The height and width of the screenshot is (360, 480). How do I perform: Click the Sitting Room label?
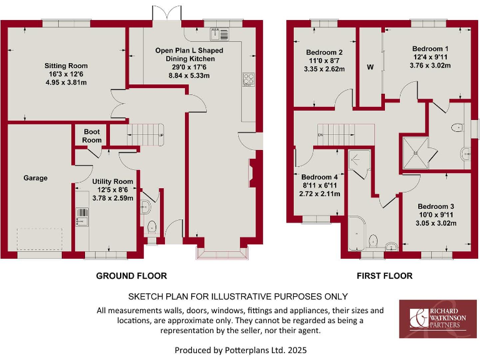(x=66, y=66)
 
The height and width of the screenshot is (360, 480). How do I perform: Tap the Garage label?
(x=36, y=178)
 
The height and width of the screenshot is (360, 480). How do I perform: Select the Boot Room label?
(x=92, y=136)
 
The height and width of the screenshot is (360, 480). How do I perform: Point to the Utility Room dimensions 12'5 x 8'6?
(x=110, y=189)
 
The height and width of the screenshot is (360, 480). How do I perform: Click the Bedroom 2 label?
(x=324, y=52)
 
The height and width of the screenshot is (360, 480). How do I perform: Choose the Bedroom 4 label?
(x=319, y=177)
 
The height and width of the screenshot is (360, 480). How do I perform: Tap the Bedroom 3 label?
(x=436, y=207)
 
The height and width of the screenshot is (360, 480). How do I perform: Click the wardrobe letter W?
(x=370, y=67)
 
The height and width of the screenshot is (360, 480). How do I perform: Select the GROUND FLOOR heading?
(x=131, y=276)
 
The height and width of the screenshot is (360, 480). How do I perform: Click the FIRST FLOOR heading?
(x=384, y=276)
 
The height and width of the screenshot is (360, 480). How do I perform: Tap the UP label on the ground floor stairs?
(x=161, y=136)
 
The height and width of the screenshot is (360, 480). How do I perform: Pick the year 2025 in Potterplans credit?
(x=296, y=350)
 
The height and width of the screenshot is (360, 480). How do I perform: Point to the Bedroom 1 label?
(x=430, y=49)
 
